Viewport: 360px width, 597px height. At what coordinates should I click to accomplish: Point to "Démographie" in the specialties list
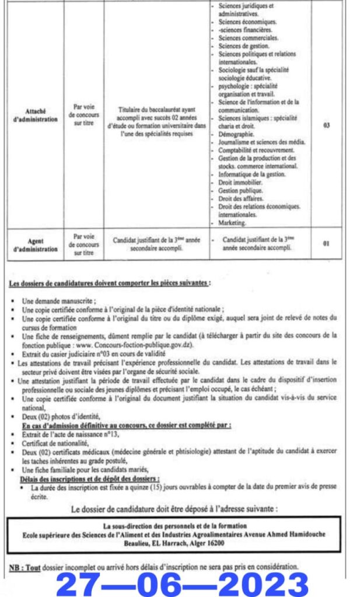[x=235, y=134]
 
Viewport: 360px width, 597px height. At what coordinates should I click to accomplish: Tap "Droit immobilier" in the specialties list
[x=240, y=182]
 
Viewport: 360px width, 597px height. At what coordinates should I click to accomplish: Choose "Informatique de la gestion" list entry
[x=251, y=174]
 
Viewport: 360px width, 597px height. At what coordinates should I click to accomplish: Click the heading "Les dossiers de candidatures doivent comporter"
[x=110, y=283]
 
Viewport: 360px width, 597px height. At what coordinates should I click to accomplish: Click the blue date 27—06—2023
[x=182, y=584]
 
